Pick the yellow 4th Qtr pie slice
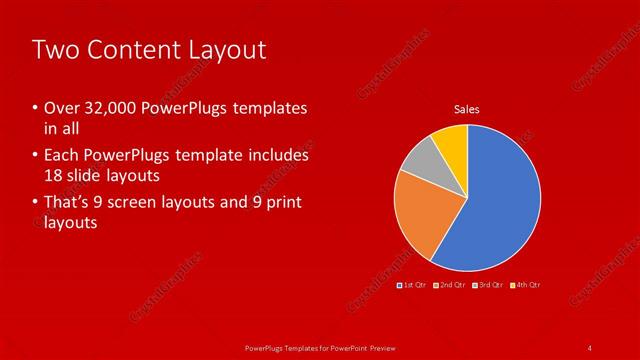[x=453, y=142]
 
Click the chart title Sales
[x=467, y=108]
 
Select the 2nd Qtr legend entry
[x=451, y=285]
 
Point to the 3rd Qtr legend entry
[x=488, y=285]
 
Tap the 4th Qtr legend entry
[x=526, y=285]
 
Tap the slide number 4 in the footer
[x=590, y=347]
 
